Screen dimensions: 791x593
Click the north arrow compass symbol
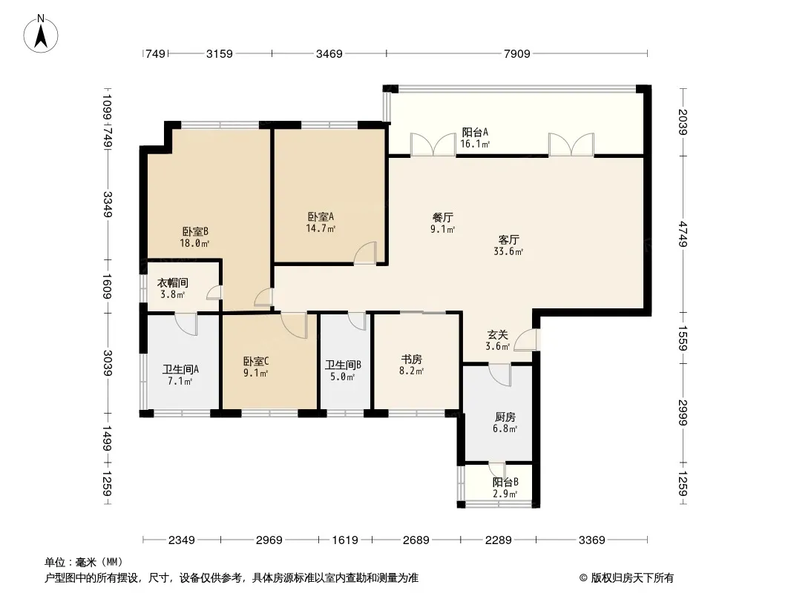[x=41, y=33]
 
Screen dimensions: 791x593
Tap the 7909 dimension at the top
[x=517, y=53]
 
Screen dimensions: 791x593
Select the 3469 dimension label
[x=329, y=53]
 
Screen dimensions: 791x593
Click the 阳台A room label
[x=475, y=133]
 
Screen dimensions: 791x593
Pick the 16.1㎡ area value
[x=475, y=144]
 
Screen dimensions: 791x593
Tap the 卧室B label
[x=195, y=232]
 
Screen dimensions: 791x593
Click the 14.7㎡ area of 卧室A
[x=321, y=228]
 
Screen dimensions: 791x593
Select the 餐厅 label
[x=443, y=218]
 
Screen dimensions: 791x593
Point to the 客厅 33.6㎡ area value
[x=508, y=251]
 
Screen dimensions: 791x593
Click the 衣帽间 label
[x=173, y=282]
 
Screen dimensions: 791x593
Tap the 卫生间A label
[x=180, y=369]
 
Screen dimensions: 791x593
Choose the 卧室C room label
[x=256, y=361]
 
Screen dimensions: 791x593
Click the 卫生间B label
[x=343, y=365]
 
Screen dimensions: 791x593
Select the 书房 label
[x=412, y=360]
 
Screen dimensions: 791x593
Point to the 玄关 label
[x=497, y=334]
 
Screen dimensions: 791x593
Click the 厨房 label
[x=505, y=417]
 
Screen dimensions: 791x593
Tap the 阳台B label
[x=505, y=482]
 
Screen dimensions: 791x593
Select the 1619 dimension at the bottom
[x=345, y=540]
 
